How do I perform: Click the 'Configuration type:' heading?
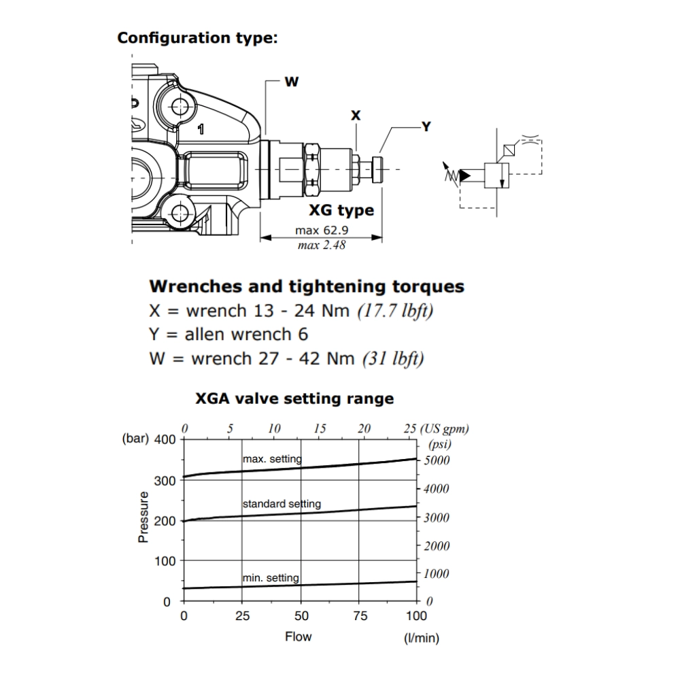point(197,38)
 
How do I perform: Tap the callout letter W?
point(291,82)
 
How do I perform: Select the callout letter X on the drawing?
point(356,116)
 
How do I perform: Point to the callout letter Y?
point(426,126)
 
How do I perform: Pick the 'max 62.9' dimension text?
point(321,231)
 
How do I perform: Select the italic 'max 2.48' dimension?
point(321,245)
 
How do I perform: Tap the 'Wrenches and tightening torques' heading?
point(306,286)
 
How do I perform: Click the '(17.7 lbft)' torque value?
point(395,311)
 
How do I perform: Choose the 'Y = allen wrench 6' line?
point(228,335)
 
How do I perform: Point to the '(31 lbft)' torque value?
point(392,358)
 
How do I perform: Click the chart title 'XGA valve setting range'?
point(294,398)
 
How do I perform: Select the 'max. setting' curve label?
point(272,460)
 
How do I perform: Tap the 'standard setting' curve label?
point(282,505)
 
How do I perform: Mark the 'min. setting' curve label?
point(271,578)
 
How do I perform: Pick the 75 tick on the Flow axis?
point(360,616)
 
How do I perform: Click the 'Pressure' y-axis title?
point(143,517)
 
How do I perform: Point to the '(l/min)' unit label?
point(422,638)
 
